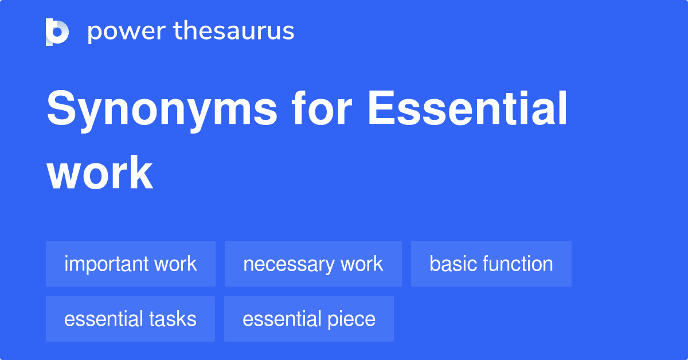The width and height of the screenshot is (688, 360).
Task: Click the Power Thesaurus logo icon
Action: coord(57,32)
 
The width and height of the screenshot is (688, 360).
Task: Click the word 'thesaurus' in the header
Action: coord(234,32)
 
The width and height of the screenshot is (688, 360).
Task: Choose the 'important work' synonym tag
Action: coord(131,264)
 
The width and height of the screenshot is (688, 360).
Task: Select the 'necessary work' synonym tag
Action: coord(313,264)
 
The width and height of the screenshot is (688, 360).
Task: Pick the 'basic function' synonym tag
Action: coord(491,264)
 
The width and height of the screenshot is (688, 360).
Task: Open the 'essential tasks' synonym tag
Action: coord(130,319)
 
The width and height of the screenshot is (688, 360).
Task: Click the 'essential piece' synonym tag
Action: coord(309,319)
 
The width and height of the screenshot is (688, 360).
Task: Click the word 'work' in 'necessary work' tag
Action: coord(362,264)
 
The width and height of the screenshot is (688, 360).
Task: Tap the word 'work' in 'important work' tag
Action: coord(175,264)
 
